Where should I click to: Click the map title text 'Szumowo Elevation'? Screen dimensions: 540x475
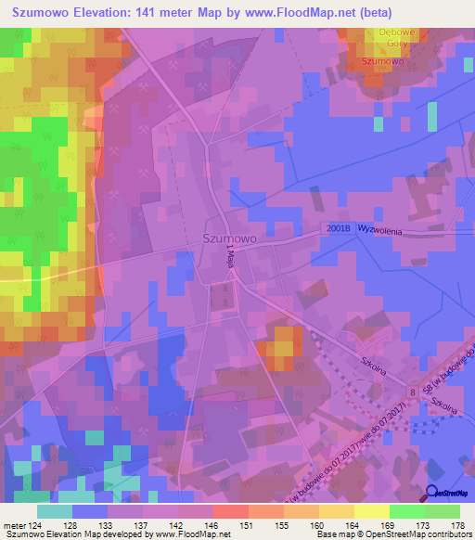(x=71, y=12)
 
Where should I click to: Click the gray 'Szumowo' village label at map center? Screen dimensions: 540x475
(x=229, y=238)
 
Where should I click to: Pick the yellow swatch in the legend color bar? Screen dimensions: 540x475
(x=371, y=511)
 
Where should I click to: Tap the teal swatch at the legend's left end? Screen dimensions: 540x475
(x=55, y=511)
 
